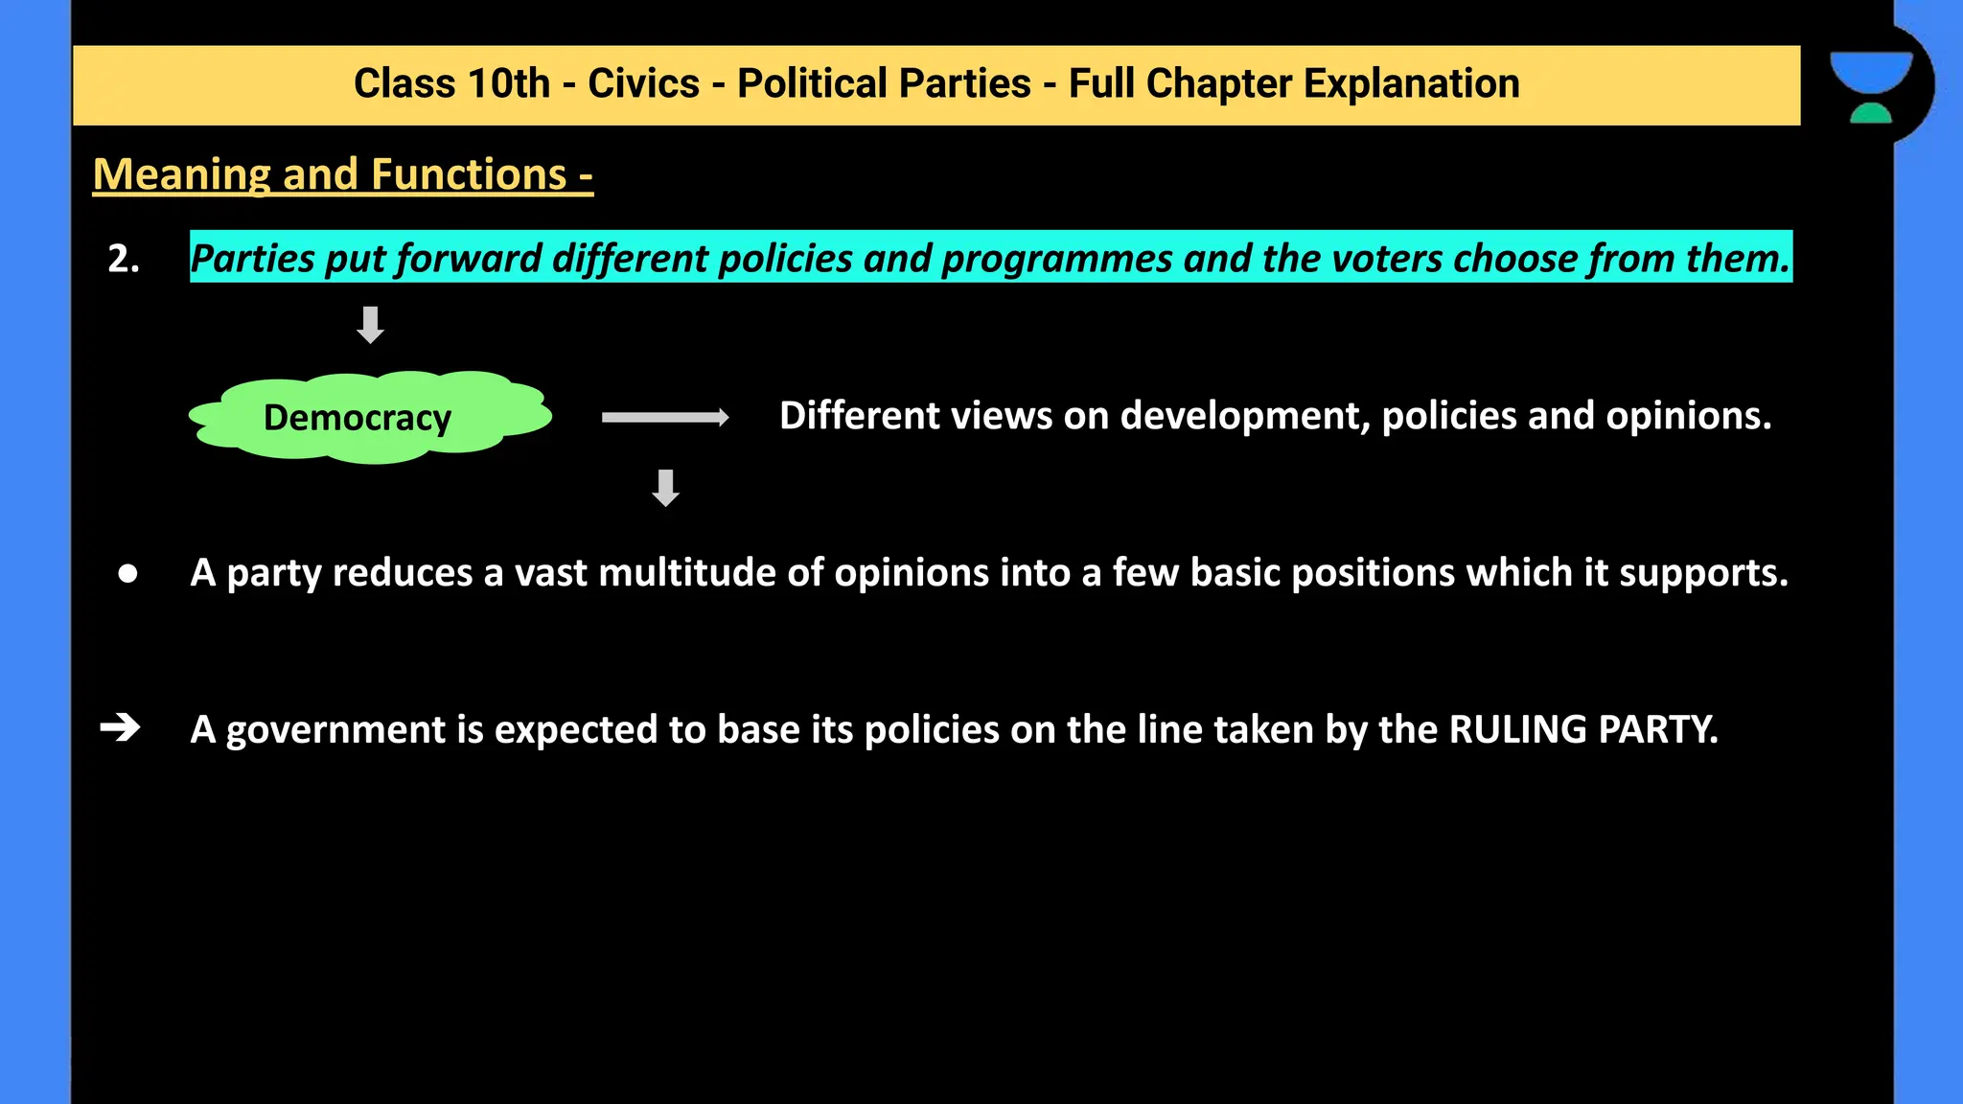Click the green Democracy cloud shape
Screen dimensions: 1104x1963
click(x=370, y=418)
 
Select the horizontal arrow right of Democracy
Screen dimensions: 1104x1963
click(x=664, y=417)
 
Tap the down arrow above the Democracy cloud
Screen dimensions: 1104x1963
click(x=370, y=325)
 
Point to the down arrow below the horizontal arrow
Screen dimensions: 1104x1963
click(x=665, y=488)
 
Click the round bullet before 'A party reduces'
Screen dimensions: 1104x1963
click(x=127, y=573)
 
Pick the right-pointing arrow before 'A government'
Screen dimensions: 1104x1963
click(x=120, y=728)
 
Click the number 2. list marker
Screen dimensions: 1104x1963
click(x=124, y=259)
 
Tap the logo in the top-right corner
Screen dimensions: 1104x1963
click(x=1871, y=86)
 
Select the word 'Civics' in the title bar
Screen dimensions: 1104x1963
click(x=643, y=84)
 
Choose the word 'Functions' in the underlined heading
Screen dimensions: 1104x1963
click(x=469, y=174)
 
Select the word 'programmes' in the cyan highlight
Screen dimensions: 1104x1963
click(x=1057, y=259)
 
